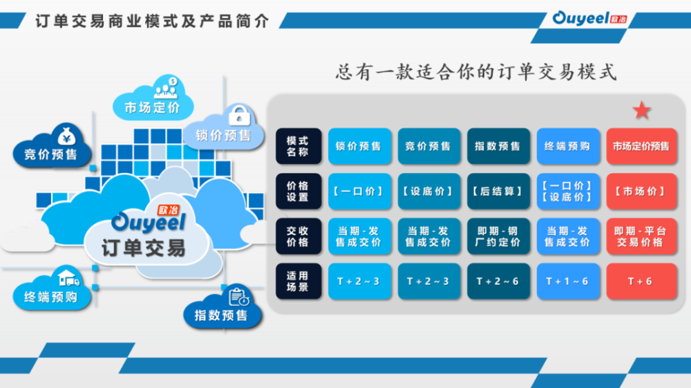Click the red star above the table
(x=642, y=110)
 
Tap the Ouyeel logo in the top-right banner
(x=589, y=18)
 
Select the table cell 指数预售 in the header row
(x=498, y=147)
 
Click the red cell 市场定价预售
(x=642, y=147)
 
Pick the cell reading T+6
(x=642, y=281)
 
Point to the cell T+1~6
(x=568, y=281)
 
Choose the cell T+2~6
(x=498, y=281)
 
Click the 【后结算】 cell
(x=498, y=192)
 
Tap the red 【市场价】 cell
(x=642, y=192)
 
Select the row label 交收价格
(x=299, y=237)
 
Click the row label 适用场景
(x=299, y=281)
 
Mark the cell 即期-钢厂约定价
(x=498, y=237)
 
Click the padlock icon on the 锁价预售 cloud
(x=239, y=116)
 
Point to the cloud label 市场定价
(x=152, y=107)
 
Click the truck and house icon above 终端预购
(x=68, y=278)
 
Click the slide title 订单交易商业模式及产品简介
(x=152, y=21)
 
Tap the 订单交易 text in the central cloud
(x=144, y=248)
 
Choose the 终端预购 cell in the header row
(x=568, y=147)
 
